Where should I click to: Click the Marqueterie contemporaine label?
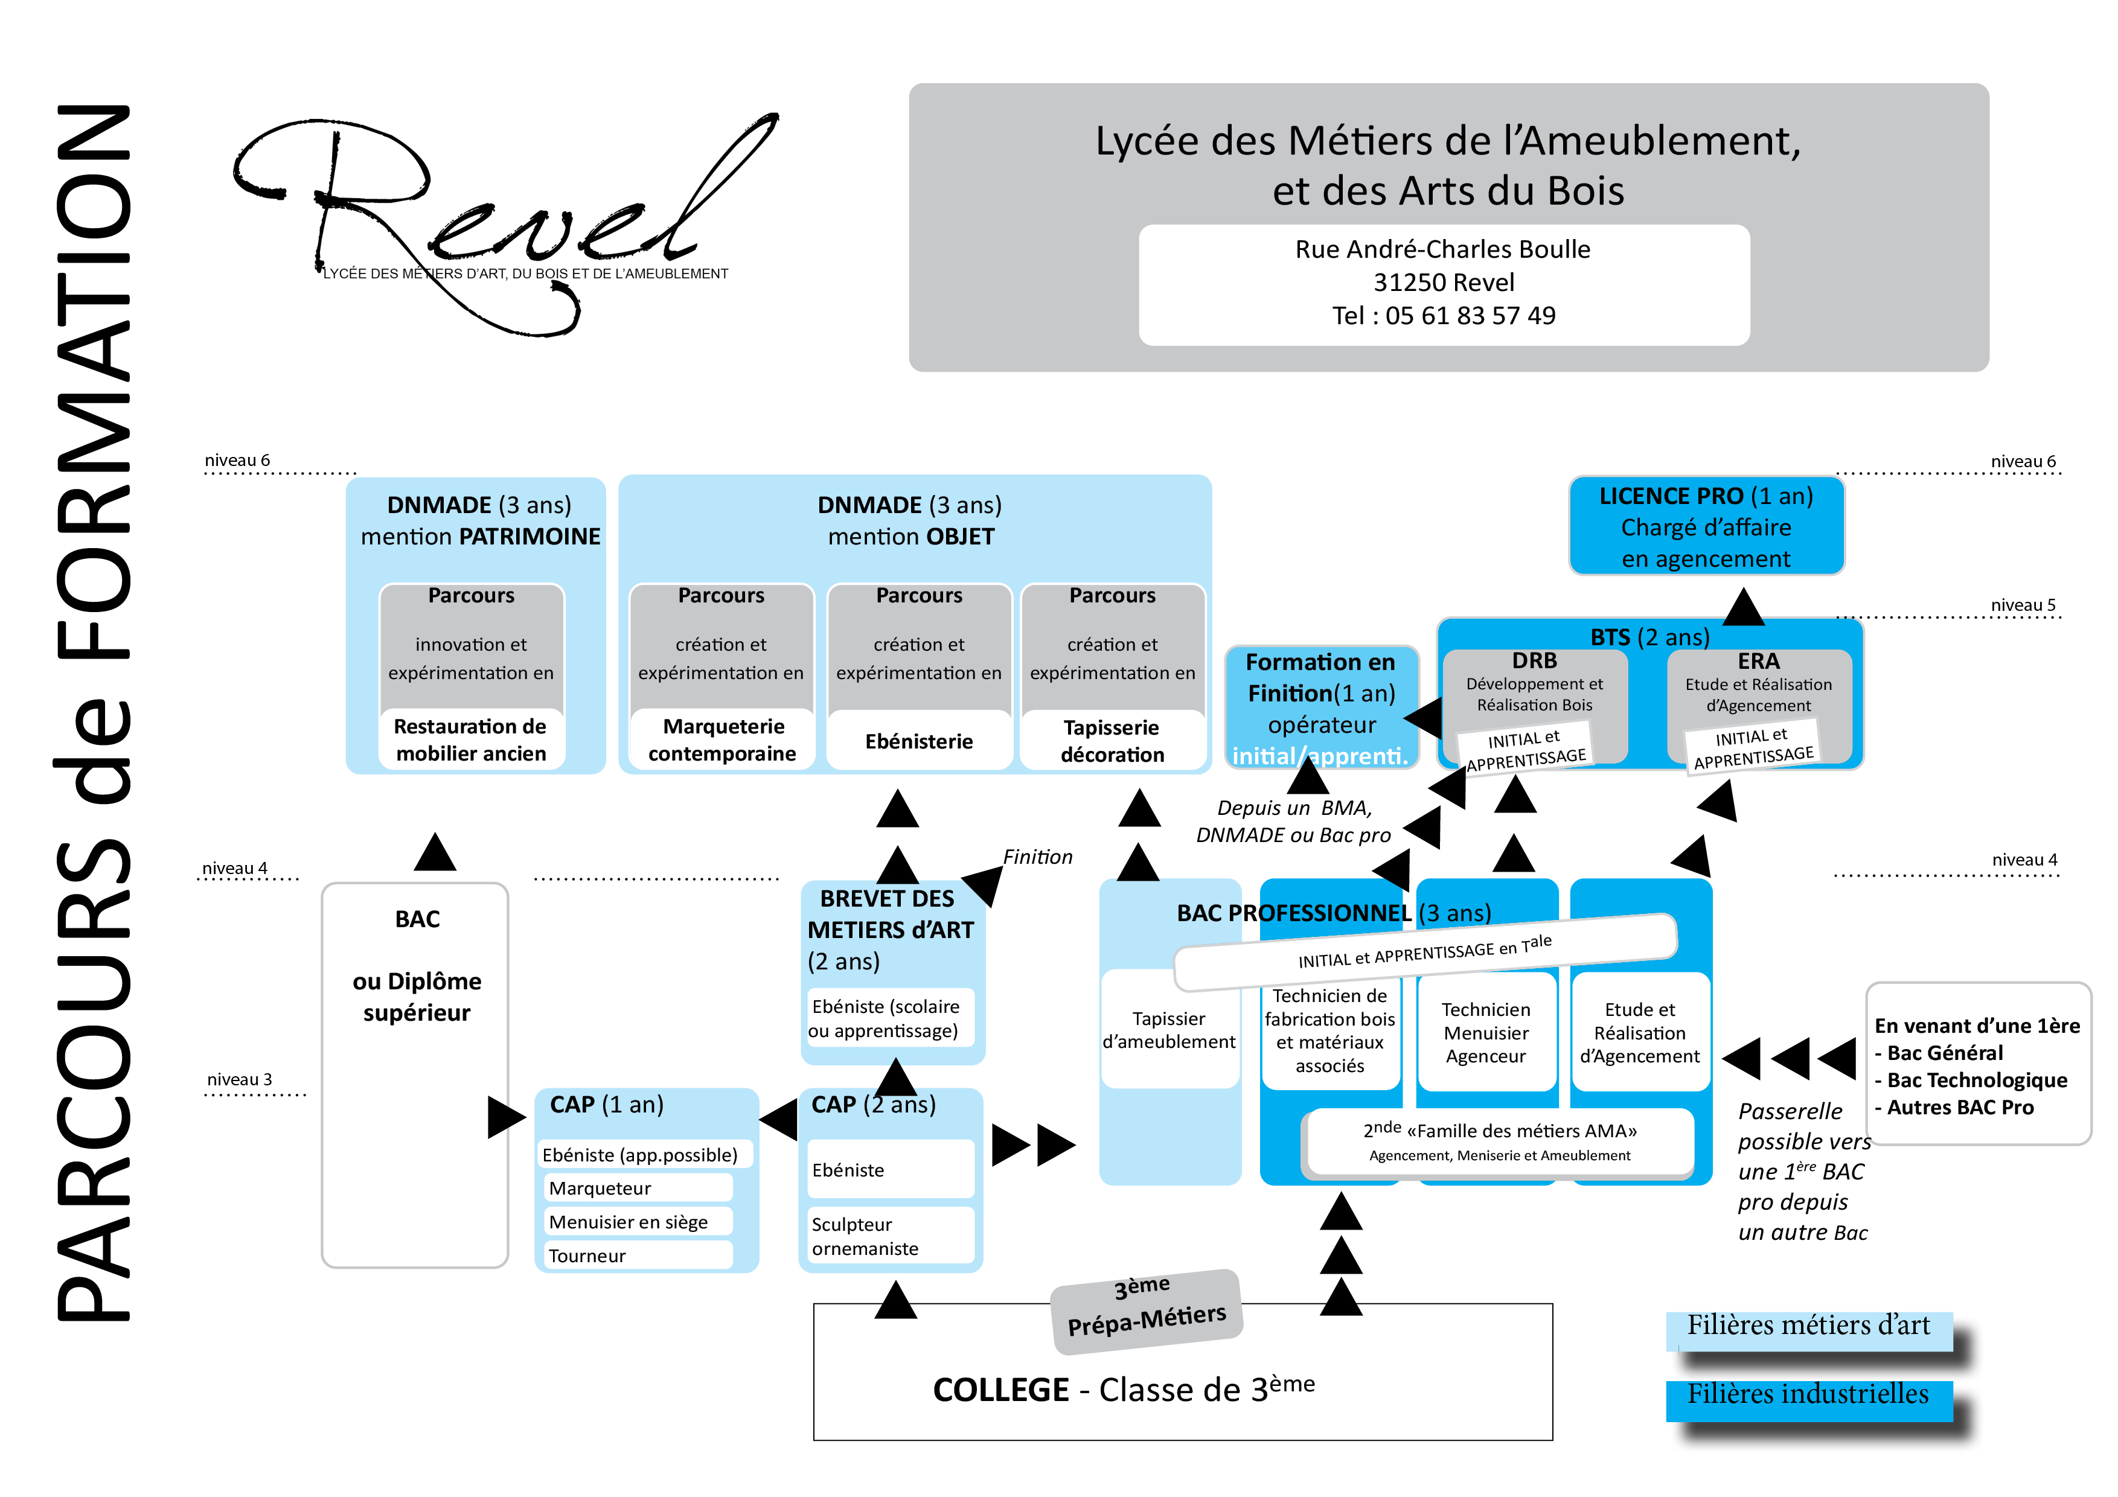[722, 739]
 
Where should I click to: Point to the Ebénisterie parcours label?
[919, 742]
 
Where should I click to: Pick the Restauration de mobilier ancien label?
[470, 739]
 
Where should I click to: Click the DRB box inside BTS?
[1534, 706]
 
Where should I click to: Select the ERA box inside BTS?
[1758, 706]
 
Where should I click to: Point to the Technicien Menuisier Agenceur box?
[1485, 1033]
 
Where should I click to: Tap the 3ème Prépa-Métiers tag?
[1147, 1310]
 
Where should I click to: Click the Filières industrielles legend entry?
[1808, 1396]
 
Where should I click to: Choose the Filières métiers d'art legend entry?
[1808, 1326]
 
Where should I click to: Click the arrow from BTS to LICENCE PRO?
[1744, 606]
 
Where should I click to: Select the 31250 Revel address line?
[1444, 283]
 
